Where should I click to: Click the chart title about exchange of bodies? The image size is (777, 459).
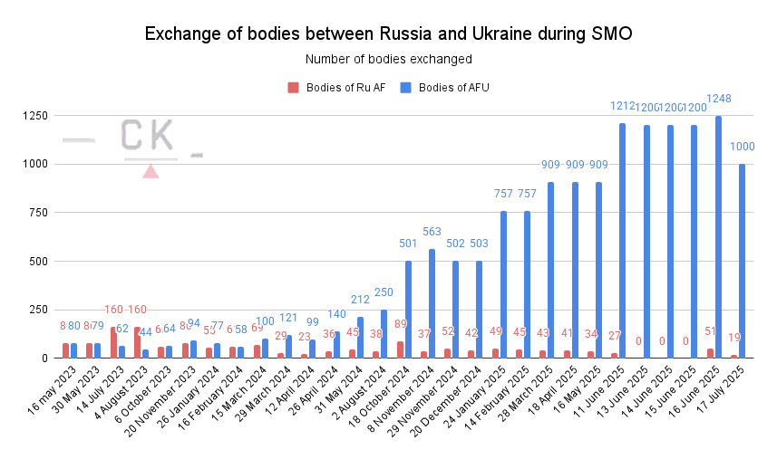pyautogui.click(x=388, y=34)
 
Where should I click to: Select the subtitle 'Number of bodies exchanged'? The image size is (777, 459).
pyautogui.click(x=388, y=59)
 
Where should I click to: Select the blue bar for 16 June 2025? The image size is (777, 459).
pyautogui.click(x=718, y=237)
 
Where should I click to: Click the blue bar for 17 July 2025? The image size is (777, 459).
pyautogui.click(x=742, y=261)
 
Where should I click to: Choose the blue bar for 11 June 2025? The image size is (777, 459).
pyautogui.click(x=622, y=241)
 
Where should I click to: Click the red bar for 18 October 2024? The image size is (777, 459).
pyautogui.click(x=400, y=349)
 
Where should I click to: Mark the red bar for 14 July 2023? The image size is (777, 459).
pyautogui.click(x=113, y=342)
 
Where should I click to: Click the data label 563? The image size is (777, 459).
pyautogui.click(x=432, y=232)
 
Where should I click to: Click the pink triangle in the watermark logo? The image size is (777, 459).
pyautogui.click(x=151, y=171)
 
